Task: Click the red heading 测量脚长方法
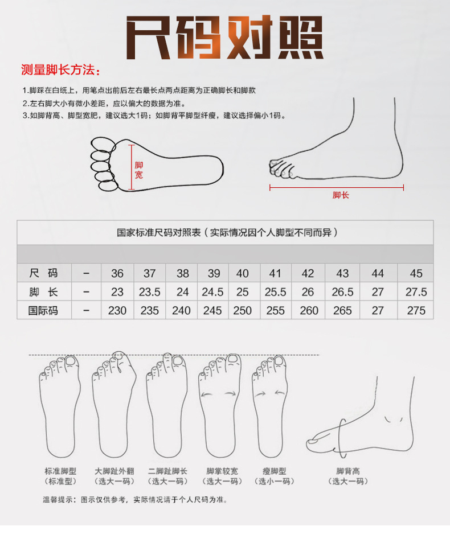[60, 71]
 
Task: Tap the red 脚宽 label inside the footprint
[139, 170]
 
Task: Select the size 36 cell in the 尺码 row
[117, 273]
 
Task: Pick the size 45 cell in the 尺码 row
[416, 273]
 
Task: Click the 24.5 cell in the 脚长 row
[212, 292]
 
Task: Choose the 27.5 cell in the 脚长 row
[416, 292]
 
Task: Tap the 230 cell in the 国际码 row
[117, 311]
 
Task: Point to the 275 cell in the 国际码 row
[416, 311]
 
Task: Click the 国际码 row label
[44, 311]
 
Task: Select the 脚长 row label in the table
[44, 292]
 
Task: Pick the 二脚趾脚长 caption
[167, 471]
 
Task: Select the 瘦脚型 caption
[275, 471]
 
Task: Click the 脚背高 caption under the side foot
[348, 471]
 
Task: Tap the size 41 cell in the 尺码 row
[275, 273]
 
